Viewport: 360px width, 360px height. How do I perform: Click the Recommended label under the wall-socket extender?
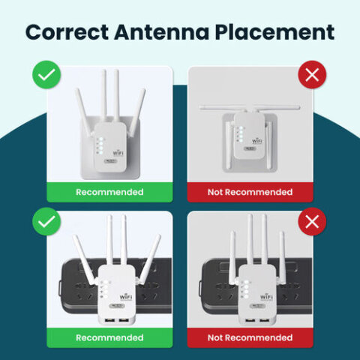click(109, 192)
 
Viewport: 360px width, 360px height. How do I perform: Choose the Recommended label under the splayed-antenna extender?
click(109, 337)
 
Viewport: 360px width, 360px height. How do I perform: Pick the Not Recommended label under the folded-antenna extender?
click(250, 192)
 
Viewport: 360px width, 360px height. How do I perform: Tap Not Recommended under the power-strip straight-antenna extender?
click(250, 337)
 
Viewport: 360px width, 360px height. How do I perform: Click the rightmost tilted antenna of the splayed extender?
click(155, 259)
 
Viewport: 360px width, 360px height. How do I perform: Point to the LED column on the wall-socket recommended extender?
click(98, 145)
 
